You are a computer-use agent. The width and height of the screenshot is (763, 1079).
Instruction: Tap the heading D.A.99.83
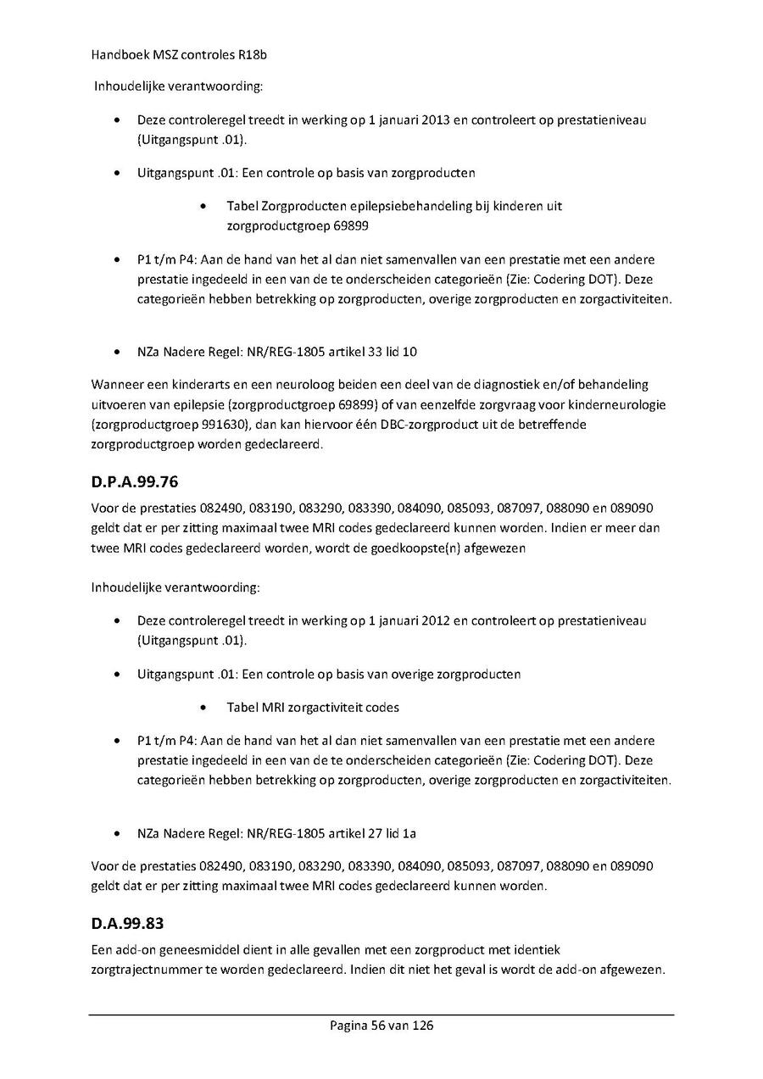[x=127, y=923]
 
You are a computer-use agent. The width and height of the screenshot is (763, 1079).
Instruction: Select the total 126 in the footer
[x=423, y=1026]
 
